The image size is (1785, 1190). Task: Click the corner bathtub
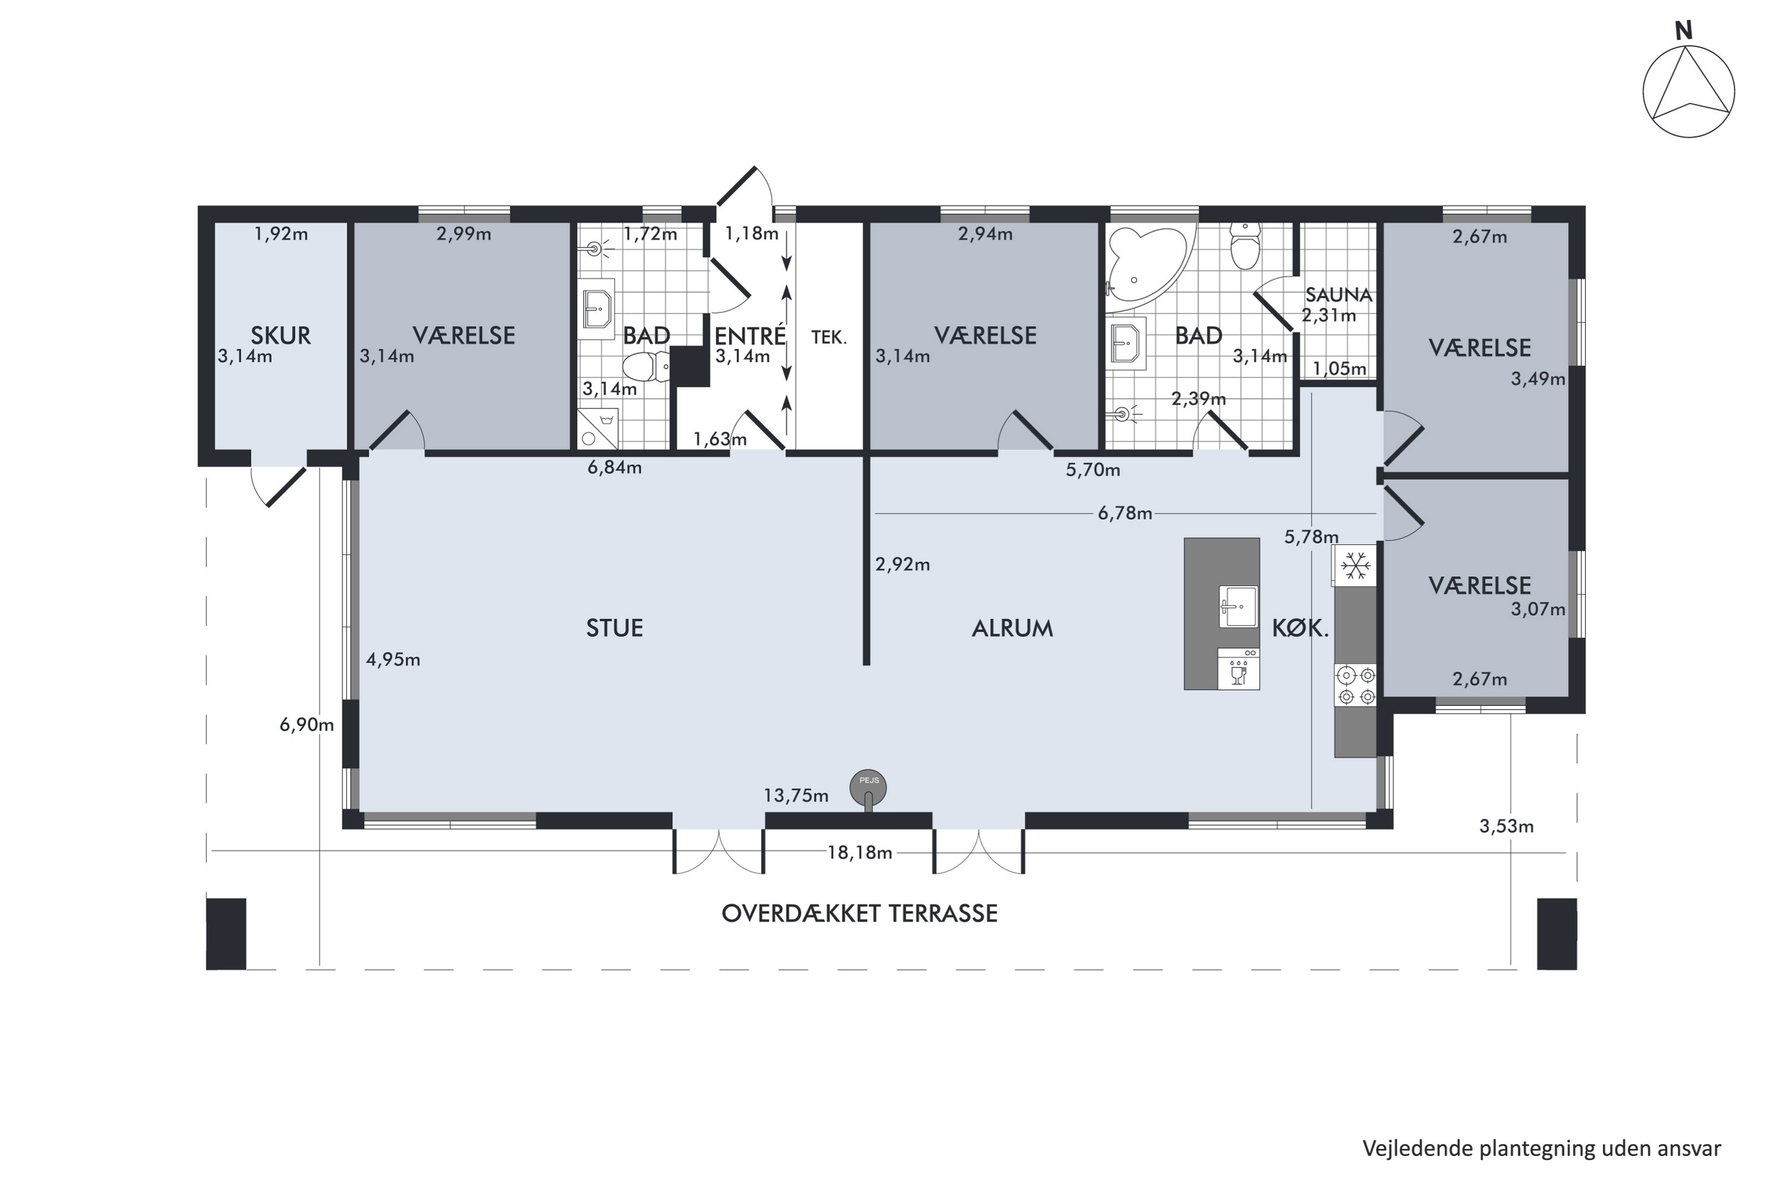pyautogui.click(x=1148, y=270)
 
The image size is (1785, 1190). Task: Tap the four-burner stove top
pyautogui.click(x=1355, y=685)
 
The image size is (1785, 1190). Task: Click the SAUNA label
pyautogui.click(x=1339, y=295)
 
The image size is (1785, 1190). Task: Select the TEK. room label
pyautogui.click(x=829, y=337)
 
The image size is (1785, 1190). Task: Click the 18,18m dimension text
pyautogui.click(x=859, y=852)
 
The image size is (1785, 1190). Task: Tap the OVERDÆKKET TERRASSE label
pyautogui.click(x=859, y=913)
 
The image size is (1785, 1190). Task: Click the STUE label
pyautogui.click(x=614, y=628)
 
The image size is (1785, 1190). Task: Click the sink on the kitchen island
pyautogui.click(x=1238, y=606)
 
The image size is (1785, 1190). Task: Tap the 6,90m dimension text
pyautogui.click(x=306, y=724)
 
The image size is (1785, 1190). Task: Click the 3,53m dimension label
pyautogui.click(x=1507, y=826)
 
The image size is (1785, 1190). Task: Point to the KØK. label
pyautogui.click(x=1301, y=628)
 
